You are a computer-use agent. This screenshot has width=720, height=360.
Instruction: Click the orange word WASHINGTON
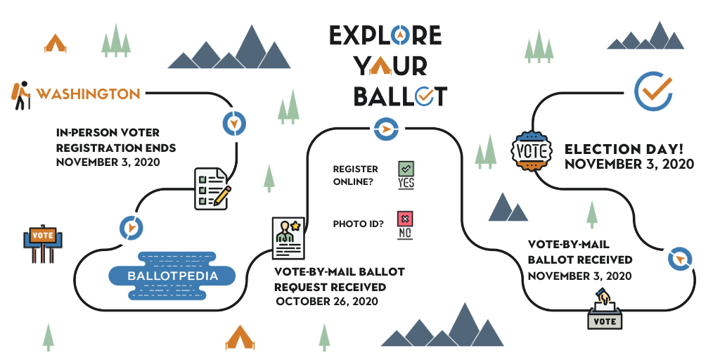(x=88, y=94)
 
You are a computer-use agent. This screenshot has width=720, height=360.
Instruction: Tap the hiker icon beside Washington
(x=20, y=96)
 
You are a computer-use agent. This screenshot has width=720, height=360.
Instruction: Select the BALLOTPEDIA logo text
(x=172, y=276)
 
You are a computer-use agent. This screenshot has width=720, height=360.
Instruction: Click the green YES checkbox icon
(x=406, y=175)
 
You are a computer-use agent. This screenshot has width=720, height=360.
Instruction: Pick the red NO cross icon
(x=405, y=225)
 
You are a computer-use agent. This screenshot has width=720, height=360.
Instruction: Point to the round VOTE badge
(x=532, y=151)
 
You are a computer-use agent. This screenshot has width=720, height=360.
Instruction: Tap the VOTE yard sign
(x=43, y=243)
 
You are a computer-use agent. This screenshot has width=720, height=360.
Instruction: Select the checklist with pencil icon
(x=212, y=188)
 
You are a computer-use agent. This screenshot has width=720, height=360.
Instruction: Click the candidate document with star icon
(x=288, y=238)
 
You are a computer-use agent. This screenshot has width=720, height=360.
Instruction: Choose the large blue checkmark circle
(x=653, y=91)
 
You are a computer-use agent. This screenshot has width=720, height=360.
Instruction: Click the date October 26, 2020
(x=327, y=301)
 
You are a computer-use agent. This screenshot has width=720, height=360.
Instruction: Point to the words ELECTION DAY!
(x=624, y=149)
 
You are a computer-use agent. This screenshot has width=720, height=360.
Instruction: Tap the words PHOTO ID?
(x=358, y=224)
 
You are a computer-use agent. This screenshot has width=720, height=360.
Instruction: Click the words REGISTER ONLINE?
(x=355, y=175)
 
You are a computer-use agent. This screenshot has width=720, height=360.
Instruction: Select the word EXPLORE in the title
(x=385, y=35)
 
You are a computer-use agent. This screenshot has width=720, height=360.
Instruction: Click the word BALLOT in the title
(x=400, y=96)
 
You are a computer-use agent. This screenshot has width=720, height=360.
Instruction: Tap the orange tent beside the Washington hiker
(x=55, y=43)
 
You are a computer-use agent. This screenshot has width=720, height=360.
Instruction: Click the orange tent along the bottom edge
(x=240, y=337)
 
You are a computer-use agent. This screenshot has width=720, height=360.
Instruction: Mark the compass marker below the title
(x=386, y=129)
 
